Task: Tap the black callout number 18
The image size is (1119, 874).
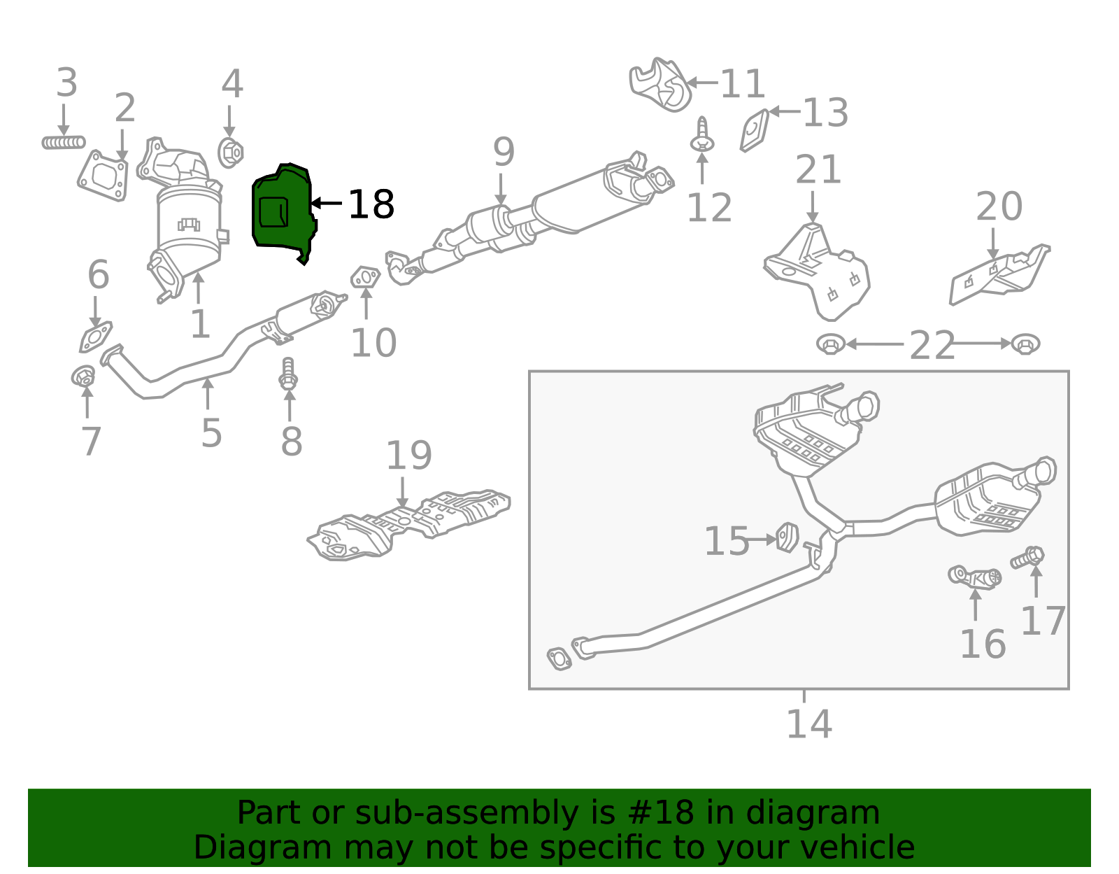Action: pyautogui.click(x=371, y=204)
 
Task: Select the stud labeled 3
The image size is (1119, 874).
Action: pyautogui.click(x=63, y=143)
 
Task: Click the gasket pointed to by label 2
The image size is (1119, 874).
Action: pyautogui.click(x=104, y=176)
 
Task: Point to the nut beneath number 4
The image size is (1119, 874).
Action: pyautogui.click(x=230, y=152)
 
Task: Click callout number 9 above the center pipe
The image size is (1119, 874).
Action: pyautogui.click(x=504, y=152)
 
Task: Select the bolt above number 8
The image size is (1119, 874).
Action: pyautogui.click(x=288, y=374)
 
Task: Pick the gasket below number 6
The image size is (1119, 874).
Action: pyautogui.click(x=96, y=337)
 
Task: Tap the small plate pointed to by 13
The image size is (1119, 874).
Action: pyautogui.click(x=755, y=131)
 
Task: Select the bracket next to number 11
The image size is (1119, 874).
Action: pyautogui.click(x=660, y=85)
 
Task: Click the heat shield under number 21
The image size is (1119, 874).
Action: pyautogui.click(x=818, y=269)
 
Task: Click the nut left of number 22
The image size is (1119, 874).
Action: pyautogui.click(x=831, y=344)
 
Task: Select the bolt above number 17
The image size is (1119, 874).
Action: pyautogui.click(x=1028, y=558)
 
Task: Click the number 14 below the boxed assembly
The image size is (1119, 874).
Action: pyautogui.click(x=808, y=724)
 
